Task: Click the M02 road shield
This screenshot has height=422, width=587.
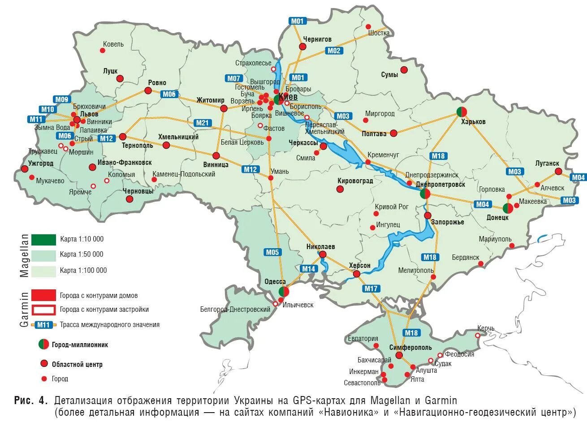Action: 334,51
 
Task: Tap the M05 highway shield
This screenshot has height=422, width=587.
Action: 272,252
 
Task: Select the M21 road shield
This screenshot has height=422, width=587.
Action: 203,123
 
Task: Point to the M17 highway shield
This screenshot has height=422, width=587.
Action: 371,289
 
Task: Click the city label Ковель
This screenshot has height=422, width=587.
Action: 113,44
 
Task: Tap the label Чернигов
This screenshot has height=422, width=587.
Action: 317,39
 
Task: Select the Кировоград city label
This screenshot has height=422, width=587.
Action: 355,181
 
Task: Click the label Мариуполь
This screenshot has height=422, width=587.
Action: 495,239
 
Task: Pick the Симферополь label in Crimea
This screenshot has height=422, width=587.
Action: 410,347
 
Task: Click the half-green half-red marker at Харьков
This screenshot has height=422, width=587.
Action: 462,112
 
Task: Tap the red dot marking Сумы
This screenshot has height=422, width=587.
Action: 404,70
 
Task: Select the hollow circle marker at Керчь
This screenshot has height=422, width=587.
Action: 478,335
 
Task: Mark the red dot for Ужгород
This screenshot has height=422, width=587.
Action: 24,169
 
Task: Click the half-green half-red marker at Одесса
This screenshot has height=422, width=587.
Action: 284,292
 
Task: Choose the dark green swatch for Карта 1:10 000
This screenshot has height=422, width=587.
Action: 43,240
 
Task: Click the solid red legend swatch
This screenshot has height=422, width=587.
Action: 43,295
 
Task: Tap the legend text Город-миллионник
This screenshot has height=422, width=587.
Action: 80,344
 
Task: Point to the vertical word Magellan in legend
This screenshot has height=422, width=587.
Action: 24,255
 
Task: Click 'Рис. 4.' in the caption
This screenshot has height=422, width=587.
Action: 31,400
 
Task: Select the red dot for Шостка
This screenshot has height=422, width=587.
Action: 369,26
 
